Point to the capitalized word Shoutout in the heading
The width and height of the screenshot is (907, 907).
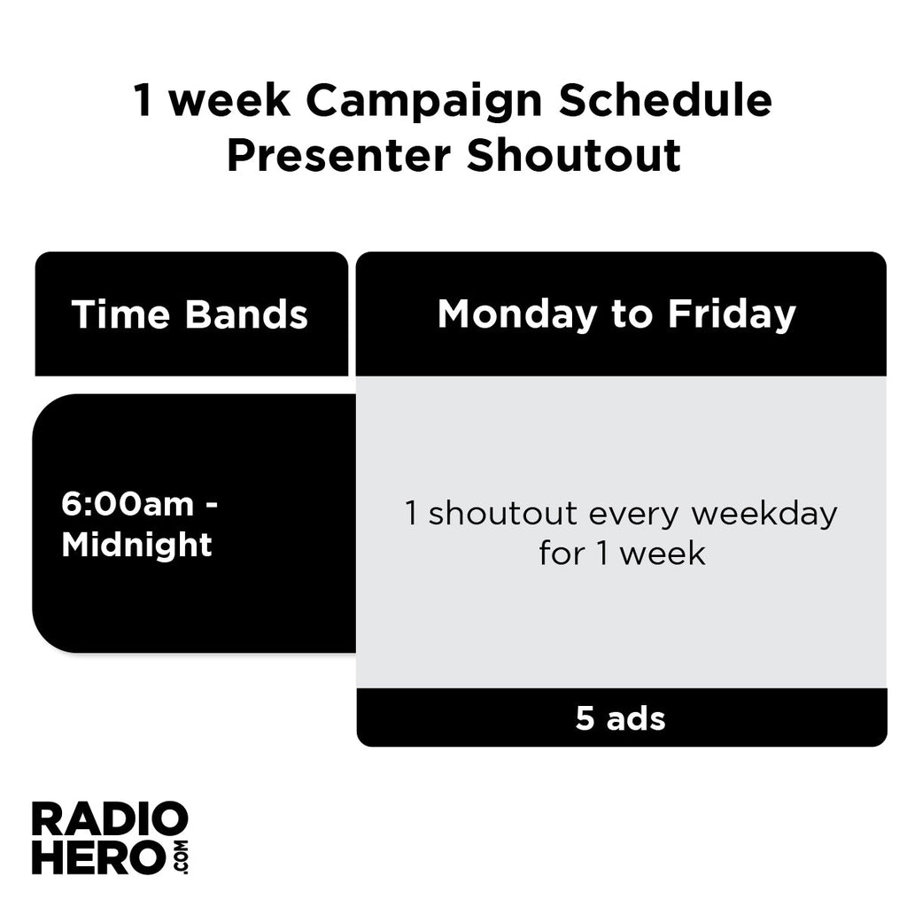coord(573,155)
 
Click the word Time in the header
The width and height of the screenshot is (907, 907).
coord(120,314)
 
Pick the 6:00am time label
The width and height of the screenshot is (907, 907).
coord(128,504)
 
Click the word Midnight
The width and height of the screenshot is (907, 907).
coord(136,545)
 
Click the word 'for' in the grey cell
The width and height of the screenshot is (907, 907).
coord(562,554)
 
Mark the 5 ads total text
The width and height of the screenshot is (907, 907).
coord(620,718)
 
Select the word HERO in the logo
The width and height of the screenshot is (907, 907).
coord(99,857)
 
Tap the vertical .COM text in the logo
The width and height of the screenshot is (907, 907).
coord(181,857)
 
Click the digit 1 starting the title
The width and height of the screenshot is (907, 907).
coord(143,101)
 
